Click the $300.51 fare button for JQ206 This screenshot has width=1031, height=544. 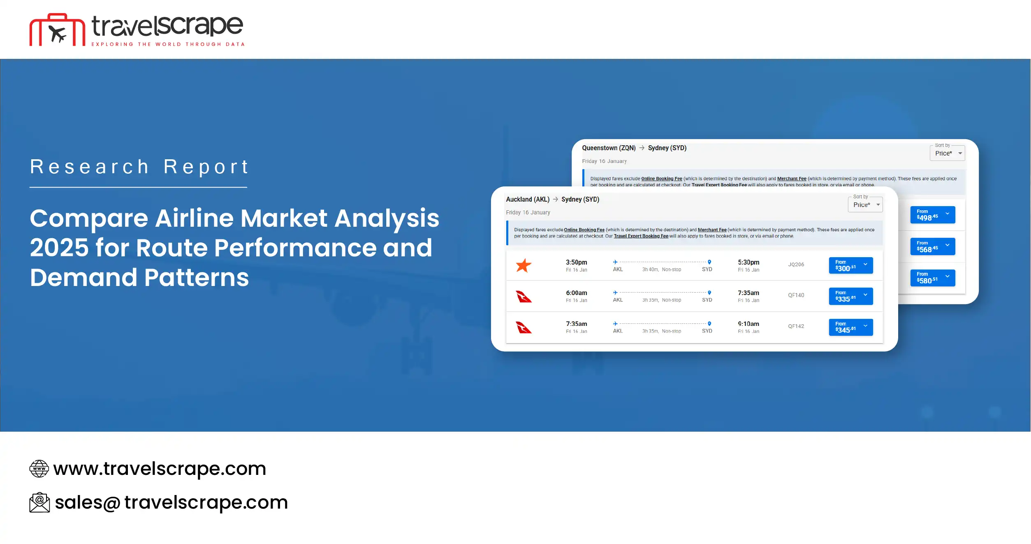850,265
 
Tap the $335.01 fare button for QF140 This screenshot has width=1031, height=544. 850,296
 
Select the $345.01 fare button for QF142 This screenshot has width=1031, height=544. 850,327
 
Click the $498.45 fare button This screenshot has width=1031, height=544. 932,215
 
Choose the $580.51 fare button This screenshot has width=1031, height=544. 932,278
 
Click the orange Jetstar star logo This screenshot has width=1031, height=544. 524,265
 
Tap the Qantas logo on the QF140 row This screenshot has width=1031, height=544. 524,296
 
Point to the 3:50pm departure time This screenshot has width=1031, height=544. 576,262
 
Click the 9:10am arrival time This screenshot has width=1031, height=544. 748,324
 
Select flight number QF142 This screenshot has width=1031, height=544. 796,326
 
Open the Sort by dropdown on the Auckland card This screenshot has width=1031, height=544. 865,205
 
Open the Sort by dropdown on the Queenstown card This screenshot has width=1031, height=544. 947,153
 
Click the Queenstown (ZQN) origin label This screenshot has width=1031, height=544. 608,148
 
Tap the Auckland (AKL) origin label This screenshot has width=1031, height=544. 527,200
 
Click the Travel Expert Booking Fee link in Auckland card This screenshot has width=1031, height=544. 641,236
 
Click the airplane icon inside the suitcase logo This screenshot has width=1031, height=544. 57,33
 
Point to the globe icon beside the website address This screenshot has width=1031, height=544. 39,469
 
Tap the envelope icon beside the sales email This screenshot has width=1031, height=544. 39,502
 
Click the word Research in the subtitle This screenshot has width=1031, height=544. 89,167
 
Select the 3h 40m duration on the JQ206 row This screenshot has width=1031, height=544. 650,270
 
